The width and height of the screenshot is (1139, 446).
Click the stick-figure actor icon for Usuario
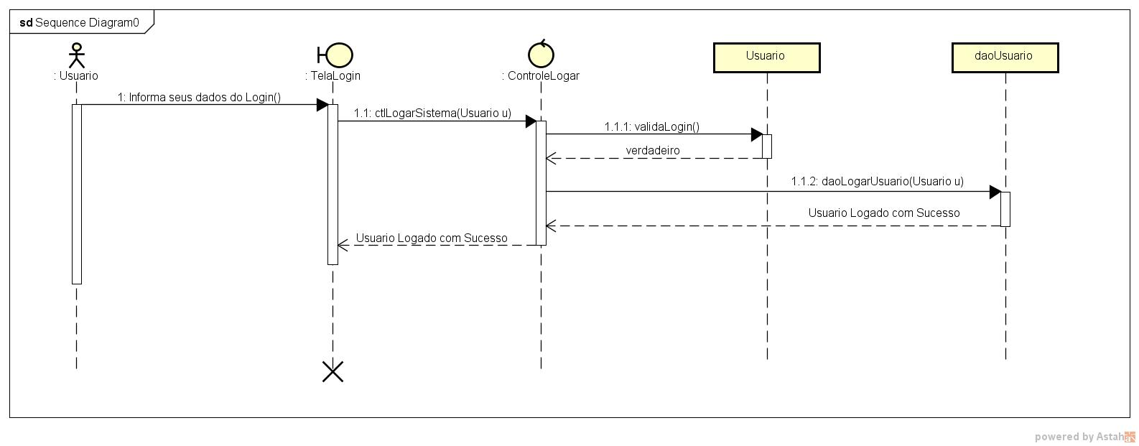tap(76, 55)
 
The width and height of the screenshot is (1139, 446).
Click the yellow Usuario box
tap(766, 57)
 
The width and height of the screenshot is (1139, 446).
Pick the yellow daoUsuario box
tap(1005, 57)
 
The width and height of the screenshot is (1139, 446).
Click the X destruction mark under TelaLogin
tap(333, 371)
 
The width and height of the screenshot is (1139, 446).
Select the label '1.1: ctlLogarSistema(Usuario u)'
tap(432, 113)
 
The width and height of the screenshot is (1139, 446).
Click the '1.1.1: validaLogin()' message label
tap(651, 126)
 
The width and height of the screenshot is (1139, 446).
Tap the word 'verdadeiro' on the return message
tap(652, 150)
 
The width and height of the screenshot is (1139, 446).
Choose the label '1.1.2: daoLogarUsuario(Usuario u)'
tap(877, 181)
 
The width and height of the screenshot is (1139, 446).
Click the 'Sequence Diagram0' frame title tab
tap(80, 22)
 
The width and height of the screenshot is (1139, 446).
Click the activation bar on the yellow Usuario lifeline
tap(766, 146)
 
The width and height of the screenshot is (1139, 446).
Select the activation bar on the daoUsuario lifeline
tap(1005, 208)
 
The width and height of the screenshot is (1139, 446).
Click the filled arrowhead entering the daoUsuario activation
tap(995, 192)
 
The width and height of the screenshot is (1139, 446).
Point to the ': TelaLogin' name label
tap(333, 75)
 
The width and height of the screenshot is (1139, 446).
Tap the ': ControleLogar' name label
tap(541, 75)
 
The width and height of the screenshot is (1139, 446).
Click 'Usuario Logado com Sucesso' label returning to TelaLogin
tap(432, 238)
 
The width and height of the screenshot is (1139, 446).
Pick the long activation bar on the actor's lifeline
tap(77, 194)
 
